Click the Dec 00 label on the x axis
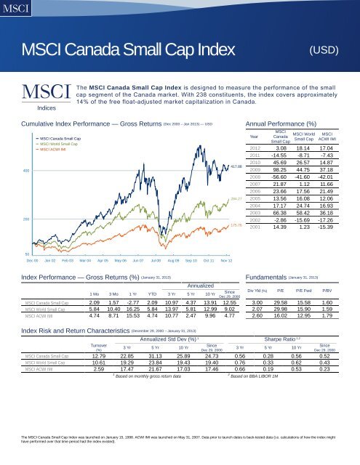[31, 259]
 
